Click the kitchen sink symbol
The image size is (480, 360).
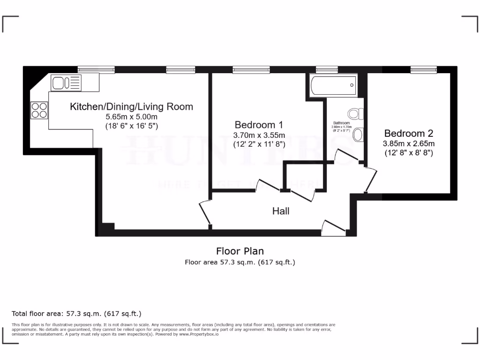coord(66,83)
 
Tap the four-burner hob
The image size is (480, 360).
coord(39,110)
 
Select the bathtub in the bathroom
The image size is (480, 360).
coord(333,85)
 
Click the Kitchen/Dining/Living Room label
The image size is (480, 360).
coord(131,107)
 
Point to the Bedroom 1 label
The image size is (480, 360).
coord(259,125)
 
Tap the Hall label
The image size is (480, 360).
coord(281,211)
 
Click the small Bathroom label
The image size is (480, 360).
coord(341,123)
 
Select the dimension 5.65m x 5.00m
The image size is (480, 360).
coord(131,117)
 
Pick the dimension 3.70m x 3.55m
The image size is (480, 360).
coord(259,135)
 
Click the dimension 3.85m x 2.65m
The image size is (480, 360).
coord(409,143)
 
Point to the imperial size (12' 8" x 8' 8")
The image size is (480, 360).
coord(409,153)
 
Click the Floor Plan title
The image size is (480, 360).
coord(240,251)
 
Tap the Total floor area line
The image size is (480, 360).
coord(76,314)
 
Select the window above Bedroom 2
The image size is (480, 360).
coord(423,69)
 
